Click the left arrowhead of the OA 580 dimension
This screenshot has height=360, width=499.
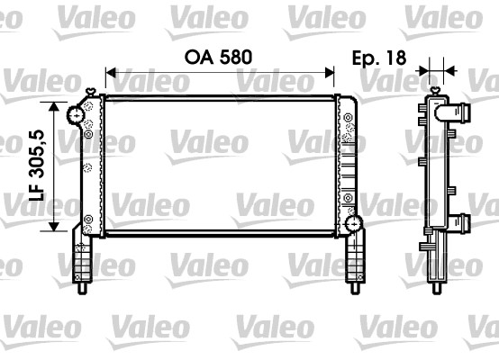point(110,70)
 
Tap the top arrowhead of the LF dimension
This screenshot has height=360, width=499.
point(56,109)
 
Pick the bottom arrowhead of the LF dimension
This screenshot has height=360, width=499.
point(56,229)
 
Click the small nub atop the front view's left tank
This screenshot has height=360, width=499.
point(92,89)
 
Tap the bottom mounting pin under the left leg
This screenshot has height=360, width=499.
point(84,289)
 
